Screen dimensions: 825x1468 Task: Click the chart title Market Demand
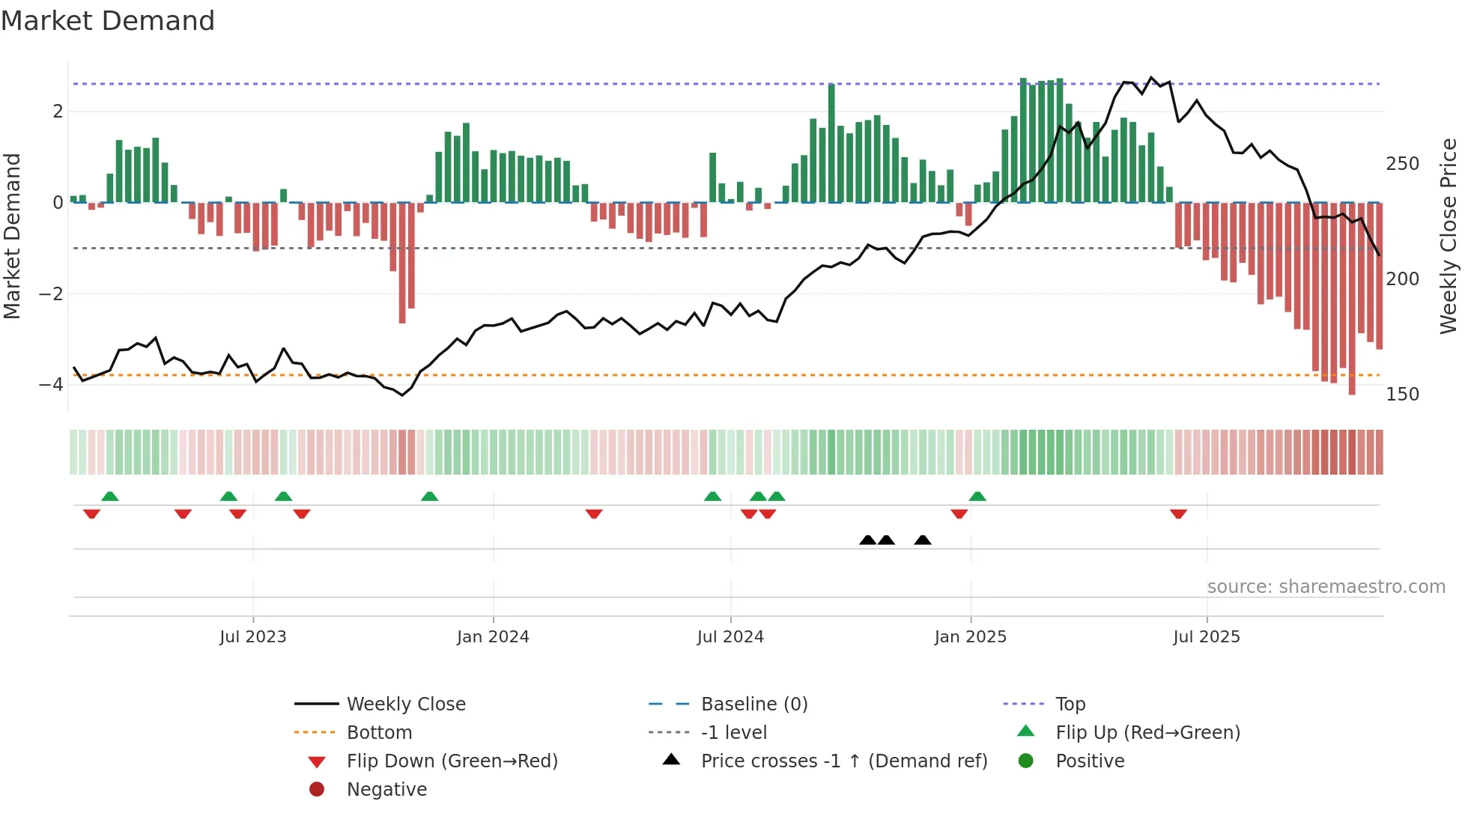[108, 21]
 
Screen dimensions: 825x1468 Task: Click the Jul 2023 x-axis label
[253, 637]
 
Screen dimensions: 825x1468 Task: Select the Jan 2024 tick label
[493, 637]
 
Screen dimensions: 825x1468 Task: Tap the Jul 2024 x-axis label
[730, 637]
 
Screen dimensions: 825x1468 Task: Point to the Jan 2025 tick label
[971, 637]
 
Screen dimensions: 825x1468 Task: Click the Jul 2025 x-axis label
[1207, 637]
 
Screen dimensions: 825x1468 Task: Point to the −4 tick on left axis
[51, 385]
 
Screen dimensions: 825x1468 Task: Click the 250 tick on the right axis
[1402, 164]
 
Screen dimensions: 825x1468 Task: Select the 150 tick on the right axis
[1402, 395]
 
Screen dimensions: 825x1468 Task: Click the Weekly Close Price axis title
[1449, 236]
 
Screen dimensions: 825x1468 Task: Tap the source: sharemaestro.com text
[1326, 587]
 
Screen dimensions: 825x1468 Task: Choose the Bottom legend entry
[379, 733]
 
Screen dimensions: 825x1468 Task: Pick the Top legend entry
[1070, 704]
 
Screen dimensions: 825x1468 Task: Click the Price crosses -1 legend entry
[843, 761]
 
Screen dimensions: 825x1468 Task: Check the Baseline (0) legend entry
[754, 704]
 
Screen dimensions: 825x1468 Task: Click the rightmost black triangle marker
[923, 540]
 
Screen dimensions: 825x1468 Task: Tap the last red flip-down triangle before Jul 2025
[1178, 514]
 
